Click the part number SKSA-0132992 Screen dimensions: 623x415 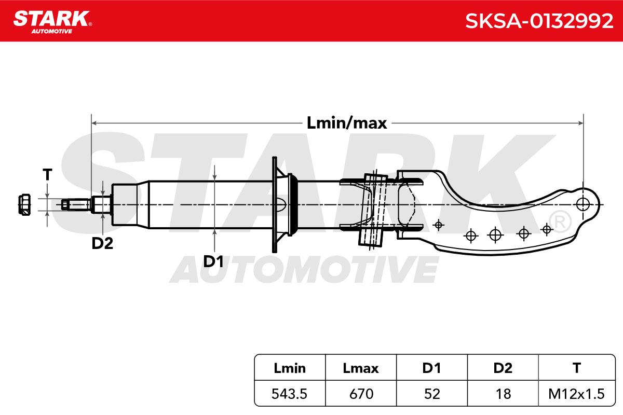click(539, 21)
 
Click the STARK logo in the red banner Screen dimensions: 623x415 click(52, 22)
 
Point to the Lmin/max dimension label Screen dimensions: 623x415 click(347, 123)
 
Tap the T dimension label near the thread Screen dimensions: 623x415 click(47, 175)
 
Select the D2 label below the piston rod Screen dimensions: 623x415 click(102, 243)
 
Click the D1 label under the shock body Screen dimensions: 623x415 click(213, 261)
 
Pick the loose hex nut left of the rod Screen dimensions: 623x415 click(24, 204)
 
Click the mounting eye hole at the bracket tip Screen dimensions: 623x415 click(583, 204)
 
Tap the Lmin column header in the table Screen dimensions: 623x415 click(290, 368)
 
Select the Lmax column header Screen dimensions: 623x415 click(361, 368)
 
